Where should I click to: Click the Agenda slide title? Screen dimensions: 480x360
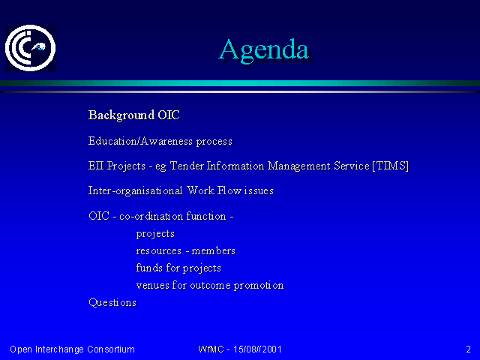264,50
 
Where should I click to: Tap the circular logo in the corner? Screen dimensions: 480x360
30,48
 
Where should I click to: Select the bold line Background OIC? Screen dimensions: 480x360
134,115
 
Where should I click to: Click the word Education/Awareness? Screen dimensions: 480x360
140,141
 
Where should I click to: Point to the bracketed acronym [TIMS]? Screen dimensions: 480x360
390,166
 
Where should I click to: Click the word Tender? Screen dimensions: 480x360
187,166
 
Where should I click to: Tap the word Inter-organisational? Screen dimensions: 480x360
135,190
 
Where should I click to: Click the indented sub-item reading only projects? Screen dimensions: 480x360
155,234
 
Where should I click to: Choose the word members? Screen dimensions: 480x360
213,250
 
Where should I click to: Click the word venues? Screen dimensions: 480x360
152,286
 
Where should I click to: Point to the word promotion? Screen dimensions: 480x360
259,286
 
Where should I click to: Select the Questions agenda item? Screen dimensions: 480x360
112,303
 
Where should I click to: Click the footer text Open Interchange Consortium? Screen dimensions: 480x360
72,349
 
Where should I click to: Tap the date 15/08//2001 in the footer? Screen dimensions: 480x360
257,349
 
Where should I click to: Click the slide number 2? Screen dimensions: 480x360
468,349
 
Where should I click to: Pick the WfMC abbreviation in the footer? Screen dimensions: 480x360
211,349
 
